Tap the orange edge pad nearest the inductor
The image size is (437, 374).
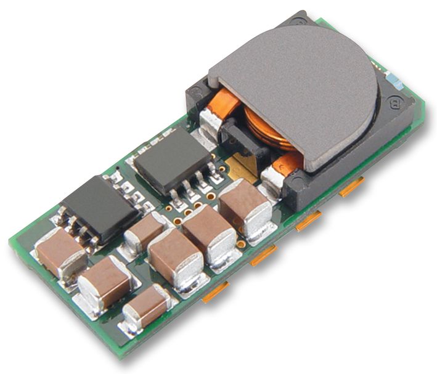coord(352,185)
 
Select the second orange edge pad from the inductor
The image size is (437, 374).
coord(308,221)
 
